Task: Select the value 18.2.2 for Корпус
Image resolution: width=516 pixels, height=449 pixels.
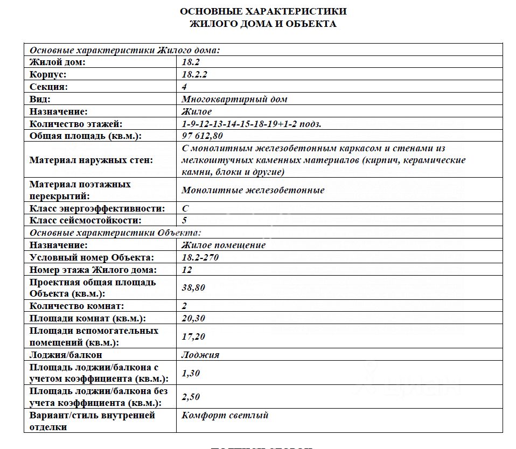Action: click(194, 74)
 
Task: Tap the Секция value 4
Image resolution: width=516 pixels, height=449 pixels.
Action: click(184, 87)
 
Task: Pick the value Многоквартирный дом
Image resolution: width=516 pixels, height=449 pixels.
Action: click(234, 99)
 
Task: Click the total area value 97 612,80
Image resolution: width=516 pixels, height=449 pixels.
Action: click(203, 136)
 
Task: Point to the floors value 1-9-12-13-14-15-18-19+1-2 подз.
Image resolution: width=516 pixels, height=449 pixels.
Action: click(252, 124)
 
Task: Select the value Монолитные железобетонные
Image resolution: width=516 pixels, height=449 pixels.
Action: click(253, 190)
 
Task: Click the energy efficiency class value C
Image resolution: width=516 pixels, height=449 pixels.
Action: click(185, 208)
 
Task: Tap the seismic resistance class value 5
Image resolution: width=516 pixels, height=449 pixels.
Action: click(184, 220)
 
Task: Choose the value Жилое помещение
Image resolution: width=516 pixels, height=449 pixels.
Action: click(224, 245)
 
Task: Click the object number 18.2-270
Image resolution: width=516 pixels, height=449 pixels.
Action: click(200, 257)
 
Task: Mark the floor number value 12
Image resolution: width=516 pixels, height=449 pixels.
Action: click(187, 270)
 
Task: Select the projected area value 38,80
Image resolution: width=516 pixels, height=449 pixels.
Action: click(193, 287)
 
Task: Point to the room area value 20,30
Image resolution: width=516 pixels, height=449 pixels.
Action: click(193, 318)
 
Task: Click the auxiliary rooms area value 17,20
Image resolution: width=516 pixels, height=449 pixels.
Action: click(193, 336)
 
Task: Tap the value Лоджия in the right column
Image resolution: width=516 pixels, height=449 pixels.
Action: click(200, 355)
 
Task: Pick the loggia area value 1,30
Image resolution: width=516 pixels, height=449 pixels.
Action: click(191, 373)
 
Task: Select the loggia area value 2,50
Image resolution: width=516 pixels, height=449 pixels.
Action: click(191, 397)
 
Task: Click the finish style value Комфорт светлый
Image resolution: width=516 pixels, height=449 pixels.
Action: click(225, 415)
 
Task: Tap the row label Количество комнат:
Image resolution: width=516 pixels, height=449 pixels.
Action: click(76, 306)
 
